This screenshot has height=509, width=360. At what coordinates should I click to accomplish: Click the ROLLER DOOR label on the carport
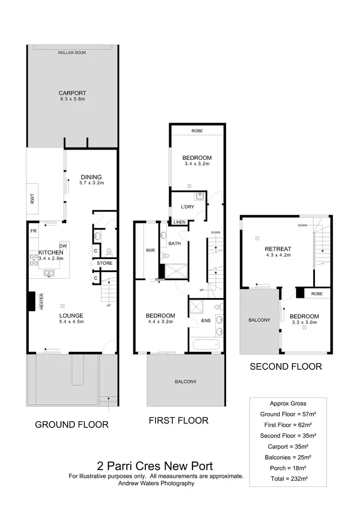coord(72,52)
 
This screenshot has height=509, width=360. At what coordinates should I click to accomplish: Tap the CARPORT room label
coord(72,93)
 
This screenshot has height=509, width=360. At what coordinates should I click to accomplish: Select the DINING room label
coord(91,177)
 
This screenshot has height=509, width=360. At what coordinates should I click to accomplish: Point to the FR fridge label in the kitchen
coord(33,231)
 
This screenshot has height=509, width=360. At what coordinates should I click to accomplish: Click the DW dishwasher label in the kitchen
coord(62,245)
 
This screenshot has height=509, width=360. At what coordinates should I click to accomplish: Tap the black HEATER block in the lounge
coord(32,302)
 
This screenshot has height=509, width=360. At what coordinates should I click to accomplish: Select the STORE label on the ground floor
coord(105,263)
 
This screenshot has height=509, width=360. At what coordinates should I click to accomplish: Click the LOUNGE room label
coord(72,316)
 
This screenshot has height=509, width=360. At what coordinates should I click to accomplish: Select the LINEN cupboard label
coord(180,222)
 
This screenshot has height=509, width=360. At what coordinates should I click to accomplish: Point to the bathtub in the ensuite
coord(206,344)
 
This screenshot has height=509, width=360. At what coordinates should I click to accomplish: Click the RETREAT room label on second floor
coord(278,249)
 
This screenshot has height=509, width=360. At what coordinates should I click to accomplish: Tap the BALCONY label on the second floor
coord(259,320)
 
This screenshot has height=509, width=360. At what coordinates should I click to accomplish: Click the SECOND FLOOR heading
coord(285,367)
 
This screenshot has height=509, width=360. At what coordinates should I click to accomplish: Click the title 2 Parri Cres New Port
coord(156,465)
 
